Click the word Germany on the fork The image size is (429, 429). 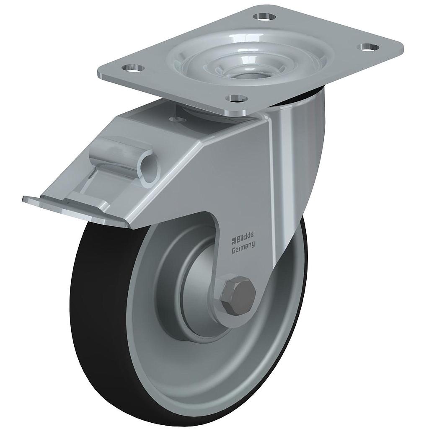pyautogui.click(x=243, y=244)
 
